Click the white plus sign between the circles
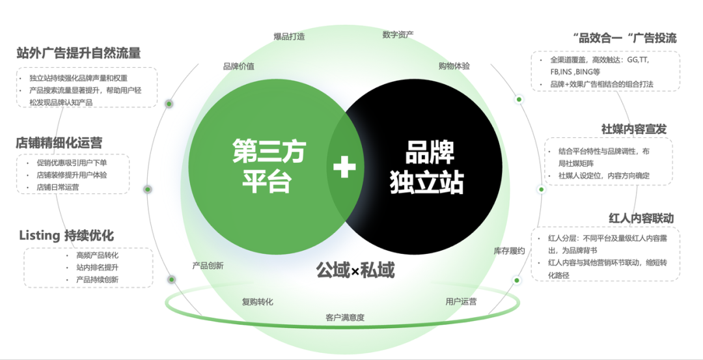pos(344,167)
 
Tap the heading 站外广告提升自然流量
pos(79,53)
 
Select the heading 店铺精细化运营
pos(59,143)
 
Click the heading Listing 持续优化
pos(66,236)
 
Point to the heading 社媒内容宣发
pos(633,129)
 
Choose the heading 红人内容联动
pos(641,218)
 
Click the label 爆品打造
pos(289,36)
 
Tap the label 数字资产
pos(398,35)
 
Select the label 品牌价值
pos(239,66)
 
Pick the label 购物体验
pos(454,66)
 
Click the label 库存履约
pos(509,251)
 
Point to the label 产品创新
pos(208,266)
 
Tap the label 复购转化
pos(257,301)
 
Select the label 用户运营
pos(461,301)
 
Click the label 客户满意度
pos(345,318)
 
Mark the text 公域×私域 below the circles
pos(355,270)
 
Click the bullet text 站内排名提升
pos(97,268)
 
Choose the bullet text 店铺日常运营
pos(58,187)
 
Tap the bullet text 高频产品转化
pos(97,256)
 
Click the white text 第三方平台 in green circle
pos(268,166)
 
